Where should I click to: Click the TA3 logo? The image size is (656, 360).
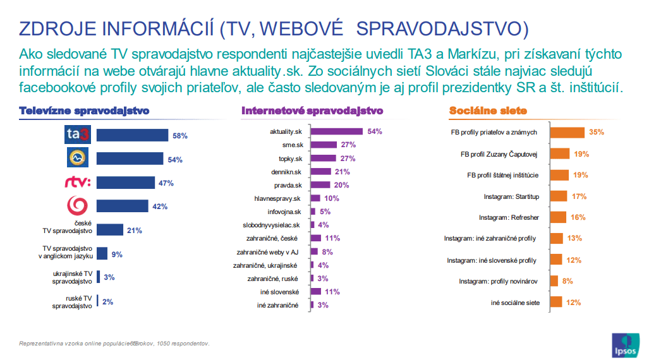(78, 135)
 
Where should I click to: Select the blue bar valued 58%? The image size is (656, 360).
(132, 135)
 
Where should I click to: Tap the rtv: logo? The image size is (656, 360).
(78, 183)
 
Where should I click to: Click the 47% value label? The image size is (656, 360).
(166, 183)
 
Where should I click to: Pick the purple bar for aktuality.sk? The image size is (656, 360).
(337, 131)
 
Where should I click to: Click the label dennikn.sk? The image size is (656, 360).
(285, 171)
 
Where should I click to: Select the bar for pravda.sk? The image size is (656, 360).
(321, 185)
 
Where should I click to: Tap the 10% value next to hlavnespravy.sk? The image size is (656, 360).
(331, 198)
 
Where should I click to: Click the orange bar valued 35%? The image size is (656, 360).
(567, 132)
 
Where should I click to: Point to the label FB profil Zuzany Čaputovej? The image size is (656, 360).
(499, 153)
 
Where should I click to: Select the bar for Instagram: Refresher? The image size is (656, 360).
(558, 217)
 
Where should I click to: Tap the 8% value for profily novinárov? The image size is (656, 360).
(567, 281)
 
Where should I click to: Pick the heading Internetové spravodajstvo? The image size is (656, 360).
(312, 111)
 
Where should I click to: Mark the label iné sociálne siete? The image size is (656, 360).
(515, 303)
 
